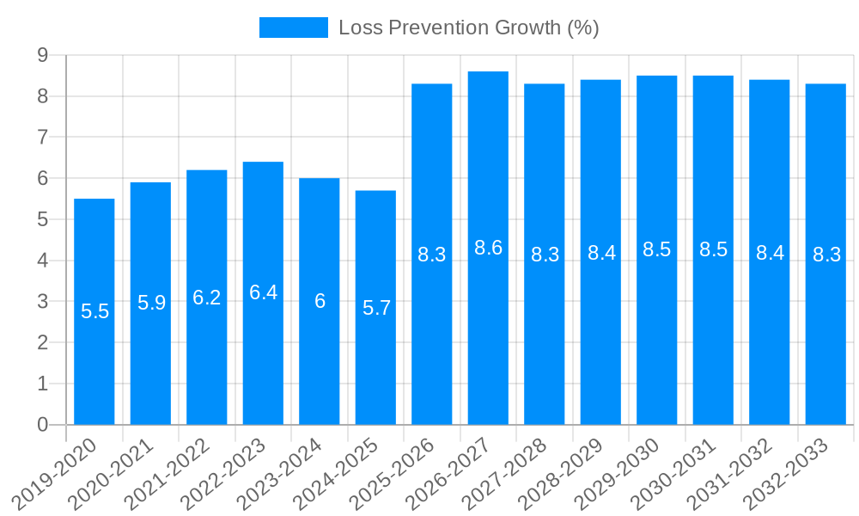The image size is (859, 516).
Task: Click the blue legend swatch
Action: [x=294, y=28]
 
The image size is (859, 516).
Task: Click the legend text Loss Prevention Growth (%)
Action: [x=468, y=28]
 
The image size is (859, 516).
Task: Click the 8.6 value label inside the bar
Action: [x=488, y=248]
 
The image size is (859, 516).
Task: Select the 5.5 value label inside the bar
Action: [x=94, y=311]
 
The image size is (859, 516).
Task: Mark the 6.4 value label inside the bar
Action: [x=263, y=292]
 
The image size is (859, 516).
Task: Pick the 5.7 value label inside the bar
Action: [x=376, y=308]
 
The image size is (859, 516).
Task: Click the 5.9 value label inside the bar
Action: [x=151, y=303]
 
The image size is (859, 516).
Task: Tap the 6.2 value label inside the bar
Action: [x=207, y=298]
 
